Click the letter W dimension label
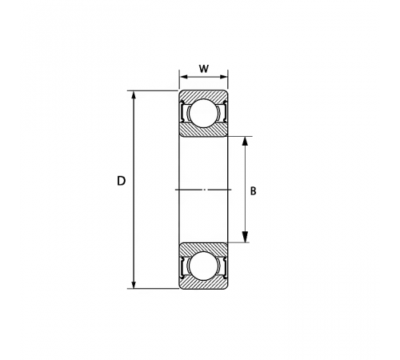pyautogui.click(x=204, y=69)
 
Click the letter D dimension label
pyautogui.click(x=121, y=181)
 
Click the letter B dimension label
pyautogui.click(x=253, y=191)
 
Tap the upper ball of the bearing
pyautogui.click(x=203, y=113)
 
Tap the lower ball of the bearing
pyautogui.click(x=203, y=266)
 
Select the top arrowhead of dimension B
pyautogui.click(x=245, y=141)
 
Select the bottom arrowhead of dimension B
pyautogui.click(x=245, y=238)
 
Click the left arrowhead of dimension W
pyautogui.click(x=184, y=77)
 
